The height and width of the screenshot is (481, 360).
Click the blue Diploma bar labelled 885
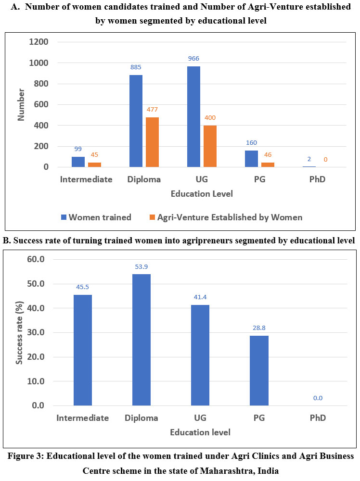136,121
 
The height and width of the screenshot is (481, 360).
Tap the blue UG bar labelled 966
193,116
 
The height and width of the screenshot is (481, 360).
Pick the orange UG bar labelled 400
210,146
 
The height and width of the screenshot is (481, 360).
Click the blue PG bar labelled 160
251,159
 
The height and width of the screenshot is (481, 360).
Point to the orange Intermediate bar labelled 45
94,165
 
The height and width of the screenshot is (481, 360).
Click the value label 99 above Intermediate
78,150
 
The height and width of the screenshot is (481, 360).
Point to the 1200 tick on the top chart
39,42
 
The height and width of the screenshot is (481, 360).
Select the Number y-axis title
21,104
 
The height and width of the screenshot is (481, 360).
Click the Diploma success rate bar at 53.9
141,340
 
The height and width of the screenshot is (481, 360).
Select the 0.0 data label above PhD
318,398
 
